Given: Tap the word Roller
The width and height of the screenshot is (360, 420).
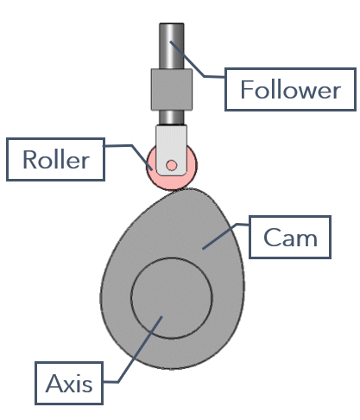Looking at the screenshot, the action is (x=56, y=160).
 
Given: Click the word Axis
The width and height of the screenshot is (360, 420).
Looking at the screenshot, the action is (x=69, y=384).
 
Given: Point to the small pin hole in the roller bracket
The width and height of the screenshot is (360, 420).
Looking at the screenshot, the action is (x=172, y=165).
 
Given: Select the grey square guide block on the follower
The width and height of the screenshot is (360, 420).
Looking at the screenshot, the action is (x=172, y=89).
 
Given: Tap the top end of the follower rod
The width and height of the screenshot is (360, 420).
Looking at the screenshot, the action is (x=172, y=23).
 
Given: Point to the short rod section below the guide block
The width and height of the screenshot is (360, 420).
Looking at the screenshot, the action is (x=172, y=118).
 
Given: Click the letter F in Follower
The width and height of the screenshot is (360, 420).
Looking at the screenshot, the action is (x=247, y=89).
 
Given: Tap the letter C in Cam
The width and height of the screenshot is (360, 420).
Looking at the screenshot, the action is (x=272, y=238).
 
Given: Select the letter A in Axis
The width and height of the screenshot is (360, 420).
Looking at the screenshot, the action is (x=54, y=384).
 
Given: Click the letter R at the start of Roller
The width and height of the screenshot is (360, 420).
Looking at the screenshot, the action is (x=29, y=160).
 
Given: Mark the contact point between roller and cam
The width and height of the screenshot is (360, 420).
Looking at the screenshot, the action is (x=173, y=190).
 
